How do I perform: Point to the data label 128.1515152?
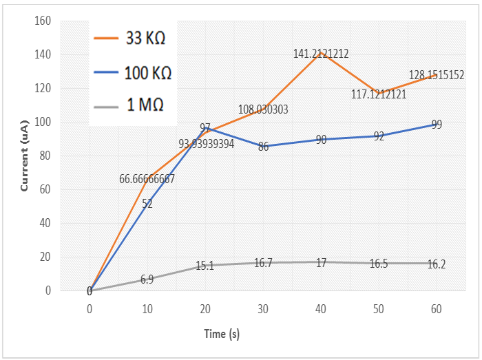pos(436,76)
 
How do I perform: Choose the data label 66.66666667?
pos(147,179)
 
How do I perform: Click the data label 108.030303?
pos(263,109)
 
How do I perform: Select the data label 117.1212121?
pos(378,94)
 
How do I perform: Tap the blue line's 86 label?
pos(263,147)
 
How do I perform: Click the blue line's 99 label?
pos(437,125)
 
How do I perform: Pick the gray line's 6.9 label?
pos(147,279)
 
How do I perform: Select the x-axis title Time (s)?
pos(221,334)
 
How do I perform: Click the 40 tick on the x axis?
pos(320,310)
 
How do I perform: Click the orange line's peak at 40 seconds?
pos(320,52)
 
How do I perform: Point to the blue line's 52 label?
pos(147,204)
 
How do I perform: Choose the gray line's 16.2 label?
pos(436,264)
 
